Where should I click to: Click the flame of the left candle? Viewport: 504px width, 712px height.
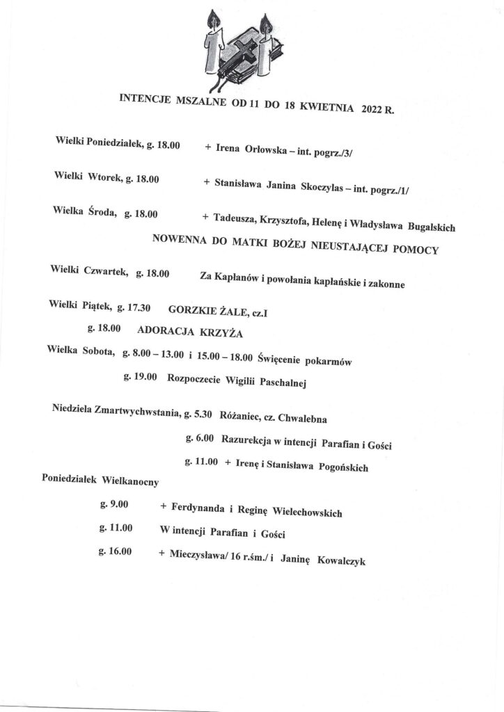tap(214, 21)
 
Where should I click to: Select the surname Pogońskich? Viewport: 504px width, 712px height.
tap(340, 468)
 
